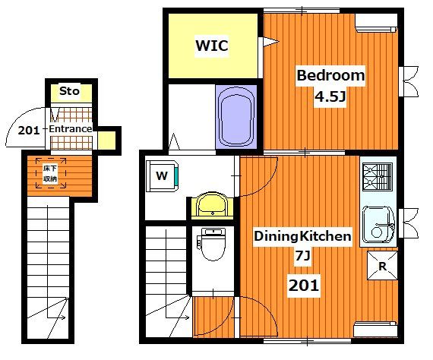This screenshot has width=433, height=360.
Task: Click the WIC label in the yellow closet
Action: [212, 46]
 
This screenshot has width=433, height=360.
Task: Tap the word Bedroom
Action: [330, 75]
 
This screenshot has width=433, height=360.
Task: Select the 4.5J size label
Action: [330, 96]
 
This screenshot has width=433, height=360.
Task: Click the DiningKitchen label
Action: [302, 236]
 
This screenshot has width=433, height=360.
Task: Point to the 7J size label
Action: [303, 256]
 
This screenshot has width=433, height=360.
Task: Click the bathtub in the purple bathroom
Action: [236, 116]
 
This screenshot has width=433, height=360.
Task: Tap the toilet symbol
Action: [212, 244]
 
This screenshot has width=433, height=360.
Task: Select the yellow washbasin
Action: [212, 206]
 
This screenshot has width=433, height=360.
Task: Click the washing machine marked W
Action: [162, 176]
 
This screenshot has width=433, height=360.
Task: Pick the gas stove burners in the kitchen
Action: [378, 177]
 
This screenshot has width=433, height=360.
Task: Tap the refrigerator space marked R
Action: [382, 266]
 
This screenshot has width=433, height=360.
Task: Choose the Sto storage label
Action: [69, 91]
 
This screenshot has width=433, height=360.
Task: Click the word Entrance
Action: [71, 128]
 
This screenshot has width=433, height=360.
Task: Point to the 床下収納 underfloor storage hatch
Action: [51, 173]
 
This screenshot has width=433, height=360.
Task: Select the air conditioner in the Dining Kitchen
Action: [375, 329]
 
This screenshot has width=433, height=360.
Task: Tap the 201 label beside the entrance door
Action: [29, 131]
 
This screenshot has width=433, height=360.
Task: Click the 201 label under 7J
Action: [304, 286]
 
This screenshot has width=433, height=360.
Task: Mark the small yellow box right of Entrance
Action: [106, 141]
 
